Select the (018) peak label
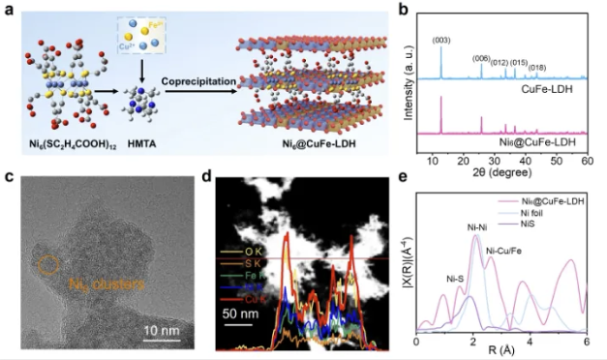pyautogui.click(x=537, y=67)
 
